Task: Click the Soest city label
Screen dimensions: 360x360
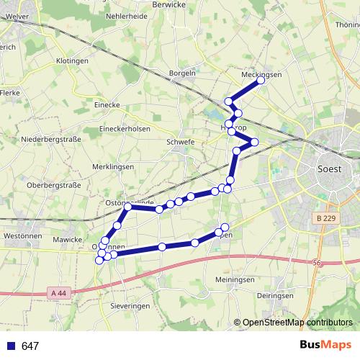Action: coord(330,169)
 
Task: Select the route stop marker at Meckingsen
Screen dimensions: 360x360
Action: coord(261,81)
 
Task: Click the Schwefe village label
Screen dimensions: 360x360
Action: coord(180,142)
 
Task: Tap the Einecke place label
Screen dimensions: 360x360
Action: coord(107,104)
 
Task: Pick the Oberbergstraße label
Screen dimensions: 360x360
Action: coord(53,185)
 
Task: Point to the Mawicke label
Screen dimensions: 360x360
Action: coord(68,238)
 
